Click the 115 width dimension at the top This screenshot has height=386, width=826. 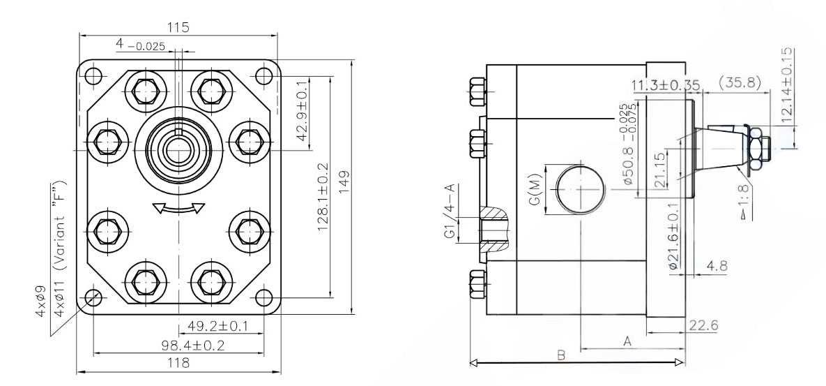click(178, 27)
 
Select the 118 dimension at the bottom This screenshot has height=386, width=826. click(178, 363)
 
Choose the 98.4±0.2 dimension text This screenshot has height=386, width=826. click(193, 346)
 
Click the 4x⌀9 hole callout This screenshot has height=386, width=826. click(40, 301)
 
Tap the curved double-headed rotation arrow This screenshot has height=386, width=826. click(178, 209)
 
